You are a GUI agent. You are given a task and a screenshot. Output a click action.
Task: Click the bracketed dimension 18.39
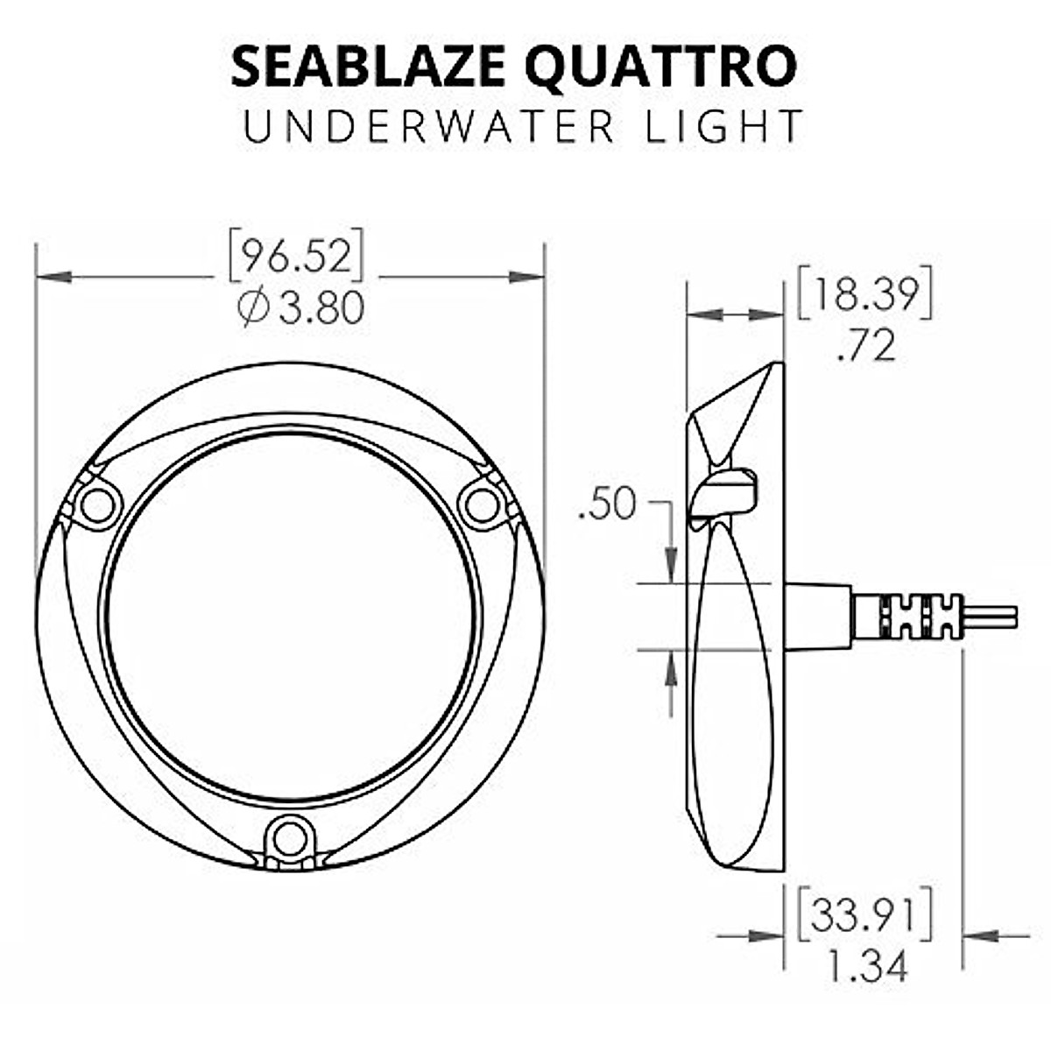864,295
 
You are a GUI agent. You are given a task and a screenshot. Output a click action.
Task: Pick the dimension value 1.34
866,966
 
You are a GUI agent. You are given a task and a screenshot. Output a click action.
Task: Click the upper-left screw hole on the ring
96,506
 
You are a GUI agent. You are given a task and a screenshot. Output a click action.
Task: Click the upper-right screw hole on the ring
483,505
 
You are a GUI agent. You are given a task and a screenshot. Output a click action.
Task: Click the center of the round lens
291,617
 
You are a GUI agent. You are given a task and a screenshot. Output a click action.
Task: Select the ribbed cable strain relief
920,616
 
